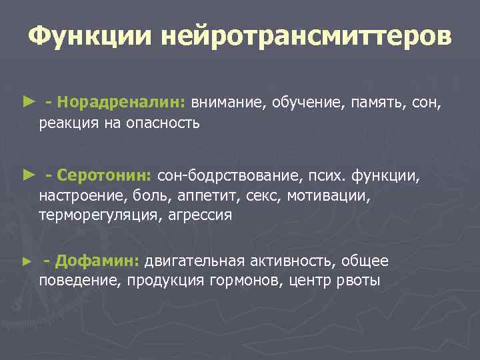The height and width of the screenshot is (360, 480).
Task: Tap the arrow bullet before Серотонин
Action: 27,175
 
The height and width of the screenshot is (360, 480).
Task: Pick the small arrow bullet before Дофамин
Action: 27,261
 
